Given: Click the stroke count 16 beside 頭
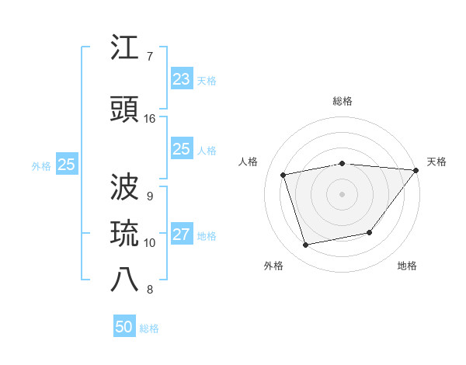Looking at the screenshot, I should pyautogui.click(x=150, y=119).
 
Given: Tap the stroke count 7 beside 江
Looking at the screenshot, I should pyautogui.click(x=149, y=57).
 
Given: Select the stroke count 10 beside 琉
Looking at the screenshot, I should pyautogui.click(x=150, y=243).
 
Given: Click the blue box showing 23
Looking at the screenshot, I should pyautogui.click(x=181, y=79).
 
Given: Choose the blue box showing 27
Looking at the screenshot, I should pyautogui.click(x=181, y=235).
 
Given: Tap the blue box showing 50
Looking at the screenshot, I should pyautogui.click(x=124, y=327).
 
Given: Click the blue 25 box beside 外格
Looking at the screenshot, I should pyautogui.click(x=66, y=165).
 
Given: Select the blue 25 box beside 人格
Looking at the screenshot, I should pyautogui.click(x=181, y=149).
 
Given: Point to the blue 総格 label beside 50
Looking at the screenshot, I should pyautogui.click(x=149, y=328).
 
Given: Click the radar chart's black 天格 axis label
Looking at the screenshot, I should pyautogui.click(x=436, y=162).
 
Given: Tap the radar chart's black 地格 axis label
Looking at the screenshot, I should pyautogui.click(x=407, y=266).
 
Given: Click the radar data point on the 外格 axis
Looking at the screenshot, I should pyautogui.click(x=306, y=245).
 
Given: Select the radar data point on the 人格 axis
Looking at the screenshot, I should pyautogui.click(x=283, y=175).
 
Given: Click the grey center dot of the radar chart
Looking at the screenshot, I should pyautogui.click(x=342, y=193).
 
